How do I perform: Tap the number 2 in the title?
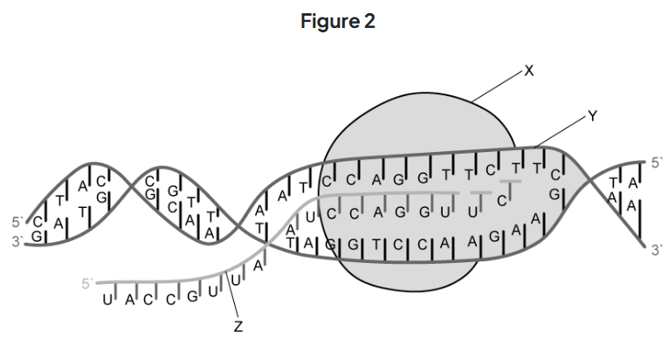point(369,22)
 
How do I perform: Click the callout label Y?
point(592,115)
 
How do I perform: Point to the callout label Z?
point(238,327)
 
